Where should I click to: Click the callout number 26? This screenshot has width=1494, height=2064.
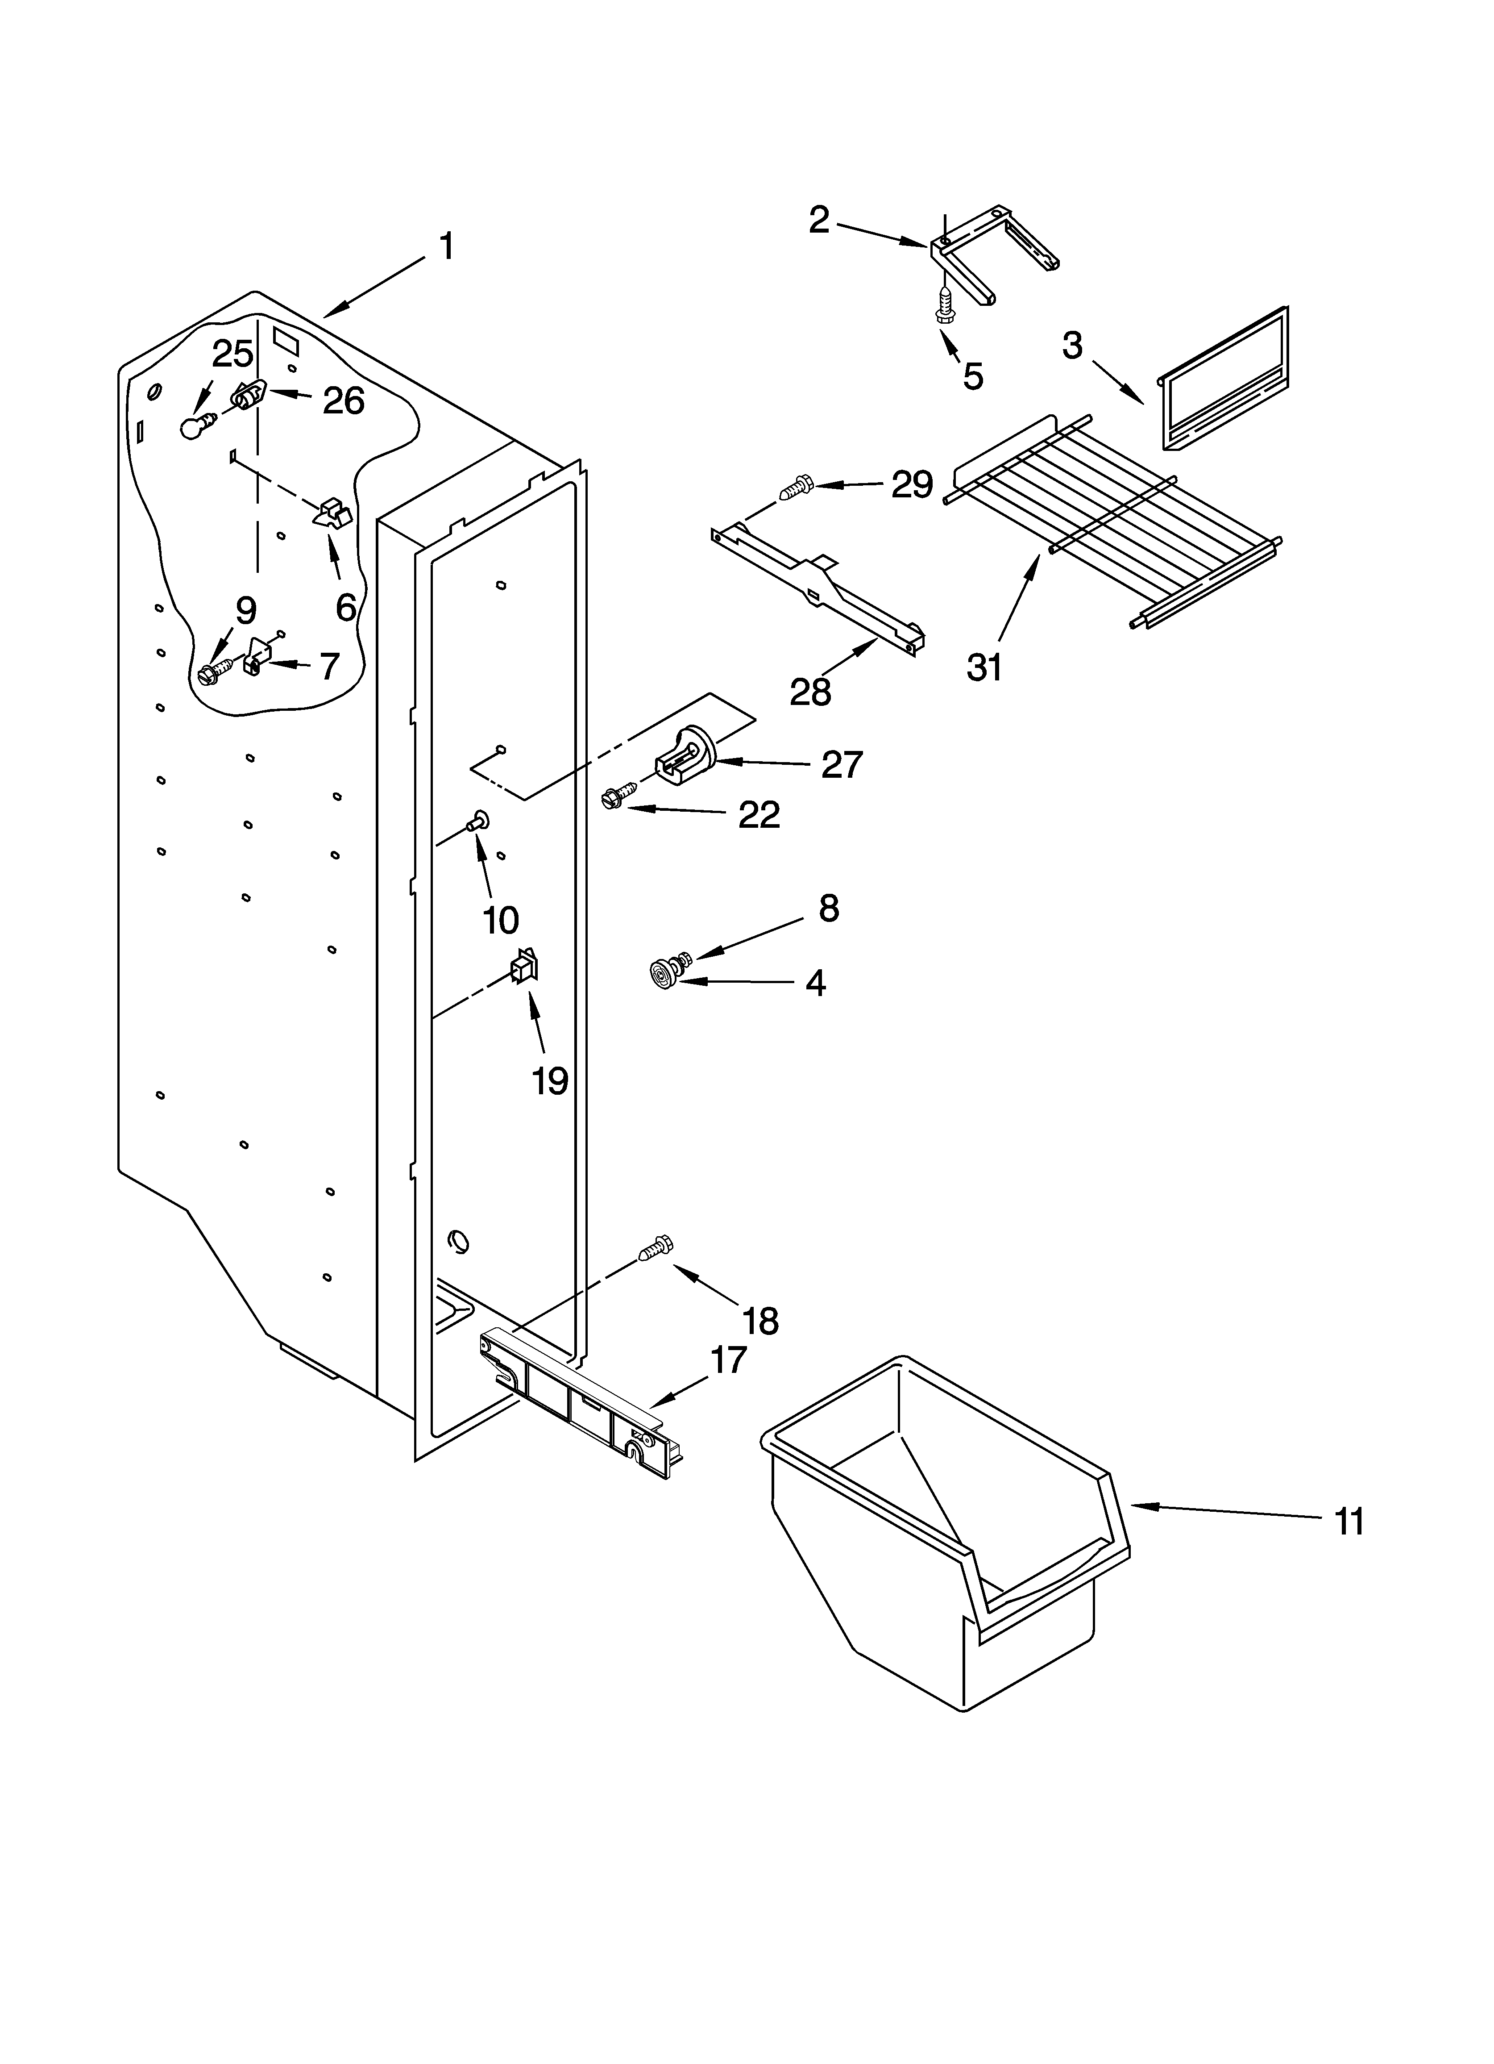pyautogui.click(x=344, y=400)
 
